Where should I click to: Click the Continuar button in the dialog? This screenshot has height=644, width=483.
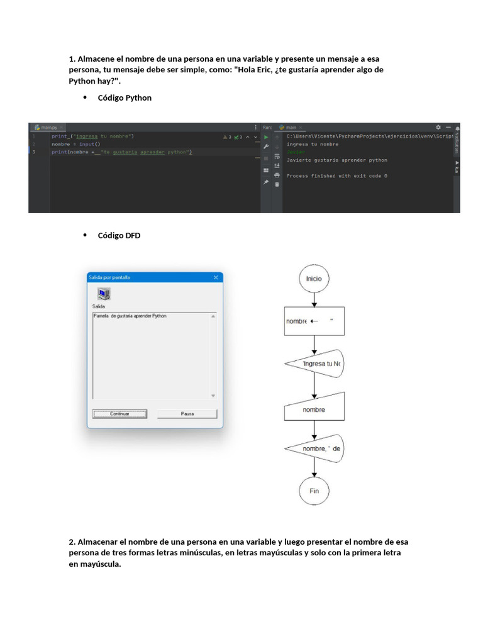(x=119, y=414)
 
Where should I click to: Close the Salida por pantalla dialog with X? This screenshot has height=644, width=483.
(x=216, y=277)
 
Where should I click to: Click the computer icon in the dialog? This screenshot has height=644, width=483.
(x=104, y=293)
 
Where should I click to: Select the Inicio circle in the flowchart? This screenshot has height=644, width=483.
(x=314, y=278)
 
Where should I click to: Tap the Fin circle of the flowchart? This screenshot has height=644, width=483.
(x=314, y=491)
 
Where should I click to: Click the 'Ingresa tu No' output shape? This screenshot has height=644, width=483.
(x=314, y=364)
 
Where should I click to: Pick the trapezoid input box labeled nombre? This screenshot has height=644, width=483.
(x=314, y=409)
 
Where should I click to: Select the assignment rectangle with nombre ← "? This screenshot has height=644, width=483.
(x=314, y=321)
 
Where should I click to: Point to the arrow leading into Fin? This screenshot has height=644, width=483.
(x=314, y=469)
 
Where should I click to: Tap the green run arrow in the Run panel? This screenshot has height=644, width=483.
(x=266, y=136)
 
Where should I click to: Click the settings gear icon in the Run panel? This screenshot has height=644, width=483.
(x=438, y=127)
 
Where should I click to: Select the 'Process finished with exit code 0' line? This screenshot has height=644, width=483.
(x=336, y=176)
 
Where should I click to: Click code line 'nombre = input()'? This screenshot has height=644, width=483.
(x=75, y=144)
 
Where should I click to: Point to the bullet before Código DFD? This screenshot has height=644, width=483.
(x=84, y=235)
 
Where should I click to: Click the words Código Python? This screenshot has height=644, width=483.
(x=125, y=97)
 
